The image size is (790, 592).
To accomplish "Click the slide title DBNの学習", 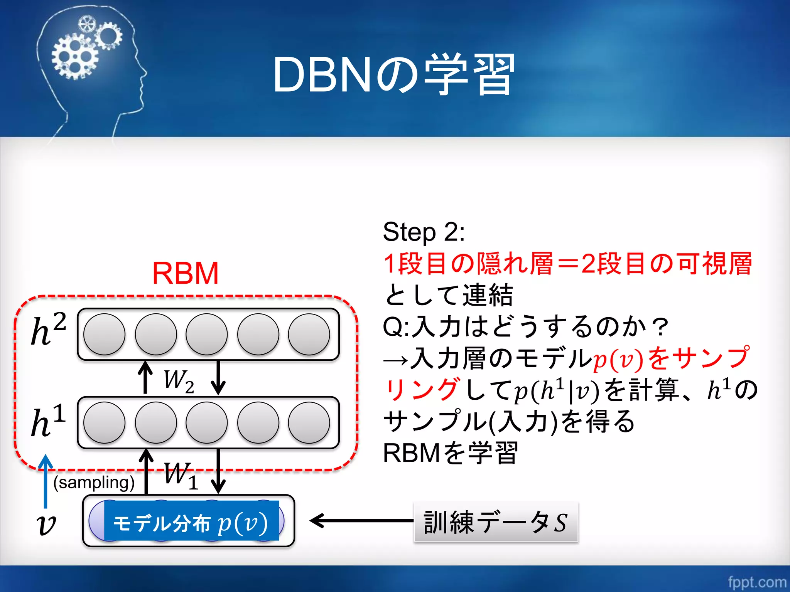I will (x=393, y=75).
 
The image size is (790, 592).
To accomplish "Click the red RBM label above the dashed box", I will (x=186, y=273).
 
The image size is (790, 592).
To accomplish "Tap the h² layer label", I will (x=48, y=330).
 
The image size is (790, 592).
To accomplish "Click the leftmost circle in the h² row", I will (x=104, y=334).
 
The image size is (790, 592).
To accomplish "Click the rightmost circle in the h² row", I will (x=309, y=334).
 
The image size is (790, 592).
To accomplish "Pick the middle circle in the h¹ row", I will (x=207, y=423).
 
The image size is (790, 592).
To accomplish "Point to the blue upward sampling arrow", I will (x=46, y=482).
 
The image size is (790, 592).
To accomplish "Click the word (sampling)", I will (x=94, y=483).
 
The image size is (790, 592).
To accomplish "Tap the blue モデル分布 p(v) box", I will (x=191, y=521).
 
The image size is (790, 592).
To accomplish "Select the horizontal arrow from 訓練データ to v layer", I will (x=361, y=521).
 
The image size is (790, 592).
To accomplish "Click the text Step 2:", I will (x=424, y=232).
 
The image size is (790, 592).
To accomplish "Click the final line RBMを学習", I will (x=450, y=453).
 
